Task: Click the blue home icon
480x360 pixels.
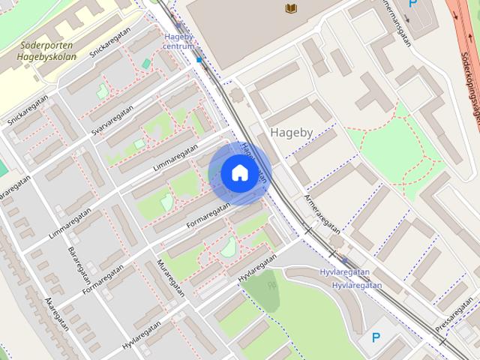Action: [x=238, y=173]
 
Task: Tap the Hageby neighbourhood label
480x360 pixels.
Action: [x=291, y=131]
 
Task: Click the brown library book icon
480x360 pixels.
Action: [x=291, y=7]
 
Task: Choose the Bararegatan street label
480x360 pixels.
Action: [x=78, y=263]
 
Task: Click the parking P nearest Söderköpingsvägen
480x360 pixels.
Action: [x=412, y=4]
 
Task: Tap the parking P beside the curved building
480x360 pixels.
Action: [x=376, y=338]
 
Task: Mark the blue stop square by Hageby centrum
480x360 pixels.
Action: [x=199, y=59]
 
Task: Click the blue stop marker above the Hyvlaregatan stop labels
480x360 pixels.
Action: [x=344, y=261]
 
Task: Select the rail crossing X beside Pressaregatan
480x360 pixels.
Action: [x=442, y=342]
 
